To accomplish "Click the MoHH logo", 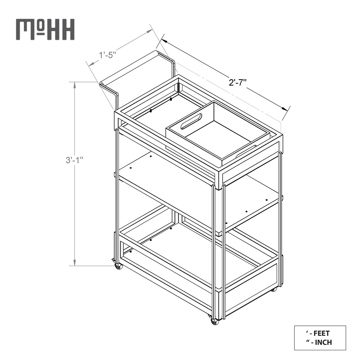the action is (x=45, y=30).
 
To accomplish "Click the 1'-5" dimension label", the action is (x=108, y=55).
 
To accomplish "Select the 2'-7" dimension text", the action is (x=238, y=82).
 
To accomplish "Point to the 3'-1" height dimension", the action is (x=75, y=160).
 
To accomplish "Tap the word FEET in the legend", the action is (x=321, y=333).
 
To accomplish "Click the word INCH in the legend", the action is (x=324, y=342).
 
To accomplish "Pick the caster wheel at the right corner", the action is (x=274, y=290).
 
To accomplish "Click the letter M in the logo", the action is (x=25, y=30).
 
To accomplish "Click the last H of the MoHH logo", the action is (x=68, y=30).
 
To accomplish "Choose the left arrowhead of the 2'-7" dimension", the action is (x=163, y=41).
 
